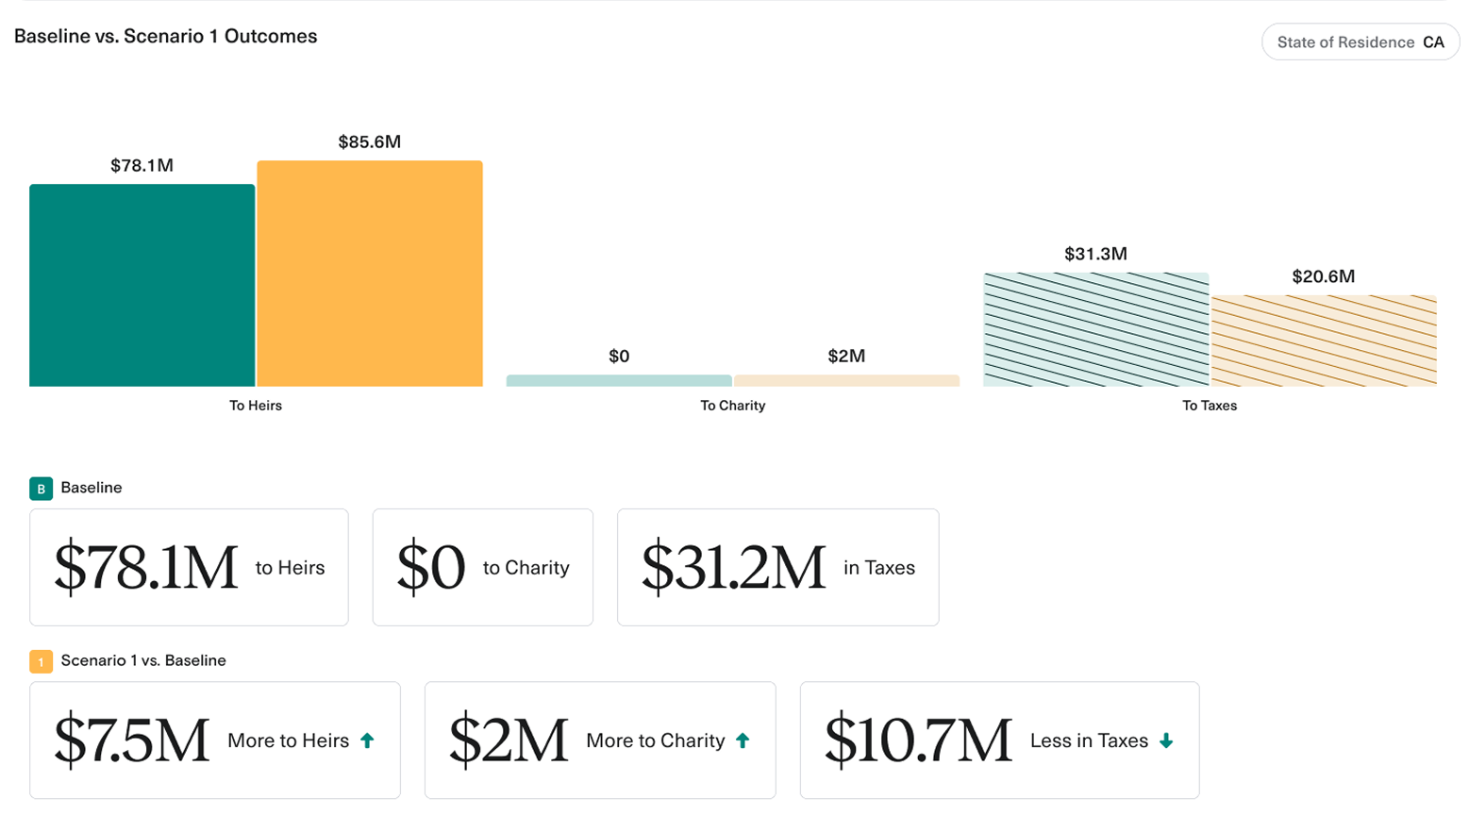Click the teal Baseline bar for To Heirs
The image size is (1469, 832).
[142, 285]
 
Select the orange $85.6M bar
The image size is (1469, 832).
[370, 274]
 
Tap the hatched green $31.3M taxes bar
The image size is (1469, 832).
[1095, 329]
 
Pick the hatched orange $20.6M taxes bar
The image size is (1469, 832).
[1324, 341]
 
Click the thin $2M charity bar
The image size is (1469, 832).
[846, 381]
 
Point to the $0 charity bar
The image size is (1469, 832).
[619, 381]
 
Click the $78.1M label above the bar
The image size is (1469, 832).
[142, 166]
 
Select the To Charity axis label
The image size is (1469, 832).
[732, 406]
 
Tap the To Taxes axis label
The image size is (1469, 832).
[1210, 406]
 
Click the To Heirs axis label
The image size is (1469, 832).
[256, 406]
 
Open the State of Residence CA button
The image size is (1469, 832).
[1360, 42]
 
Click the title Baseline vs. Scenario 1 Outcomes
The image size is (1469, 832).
[166, 37]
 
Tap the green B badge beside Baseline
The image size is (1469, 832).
[41, 489]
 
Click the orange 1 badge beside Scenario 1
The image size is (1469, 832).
[41, 661]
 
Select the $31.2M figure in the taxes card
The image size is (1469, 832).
[733, 568]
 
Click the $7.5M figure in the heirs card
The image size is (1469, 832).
[131, 740]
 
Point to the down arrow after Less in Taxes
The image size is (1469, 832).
[1166, 740]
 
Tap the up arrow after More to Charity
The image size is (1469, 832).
[743, 740]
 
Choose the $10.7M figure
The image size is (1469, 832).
[917, 740]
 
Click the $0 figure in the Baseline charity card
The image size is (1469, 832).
[431, 568]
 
